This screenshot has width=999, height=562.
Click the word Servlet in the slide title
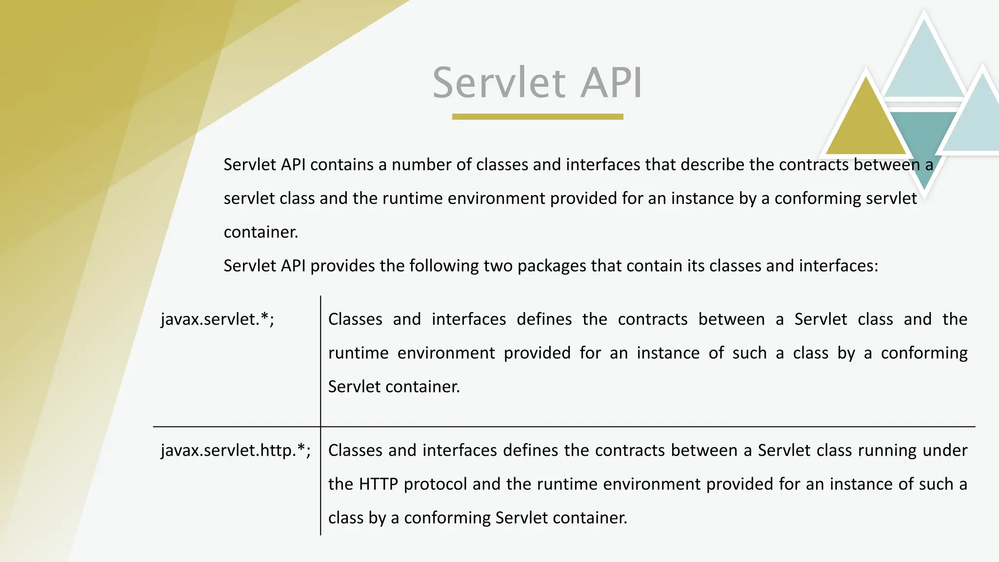[499, 83]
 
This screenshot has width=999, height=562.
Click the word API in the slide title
[611, 83]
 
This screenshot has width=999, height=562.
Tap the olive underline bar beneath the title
[538, 117]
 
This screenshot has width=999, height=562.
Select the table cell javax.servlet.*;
[218, 319]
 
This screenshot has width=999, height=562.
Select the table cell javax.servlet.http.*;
[236, 450]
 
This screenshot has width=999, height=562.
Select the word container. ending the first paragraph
[260, 232]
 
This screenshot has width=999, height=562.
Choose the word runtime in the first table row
[358, 353]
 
